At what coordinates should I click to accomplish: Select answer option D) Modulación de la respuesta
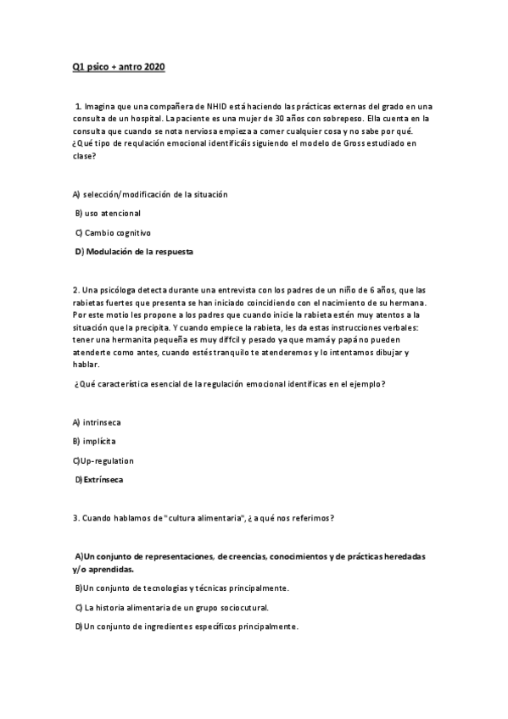click(135, 252)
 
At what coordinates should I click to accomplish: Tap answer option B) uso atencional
click(108, 213)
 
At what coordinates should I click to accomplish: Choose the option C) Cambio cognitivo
click(113, 232)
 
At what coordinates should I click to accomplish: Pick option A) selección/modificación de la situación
click(150, 194)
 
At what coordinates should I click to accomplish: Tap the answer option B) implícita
click(94, 442)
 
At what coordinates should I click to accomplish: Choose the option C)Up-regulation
click(103, 460)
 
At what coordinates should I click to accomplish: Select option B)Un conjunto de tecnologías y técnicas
click(182, 588)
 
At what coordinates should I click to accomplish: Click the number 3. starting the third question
click(75, 518)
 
